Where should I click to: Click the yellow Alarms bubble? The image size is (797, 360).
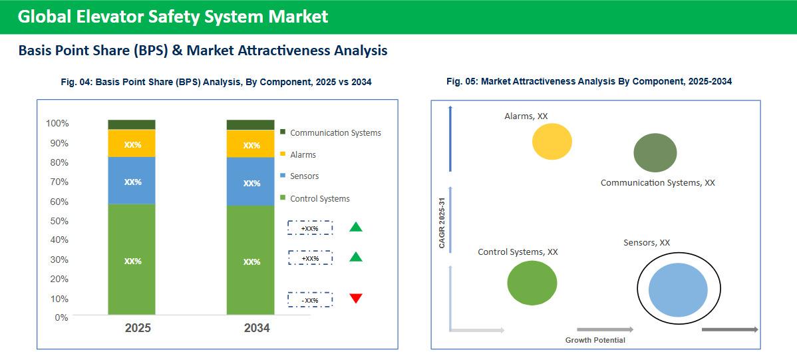point(552,141)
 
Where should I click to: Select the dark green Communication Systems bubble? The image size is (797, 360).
point(655,152)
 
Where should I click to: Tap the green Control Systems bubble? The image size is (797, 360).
point(532,283)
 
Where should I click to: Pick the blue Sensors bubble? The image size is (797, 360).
point(678,289)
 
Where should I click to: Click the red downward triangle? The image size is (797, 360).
point(356,298)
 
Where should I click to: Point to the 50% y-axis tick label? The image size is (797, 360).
point(57,220)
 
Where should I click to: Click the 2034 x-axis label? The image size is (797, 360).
point(257,328)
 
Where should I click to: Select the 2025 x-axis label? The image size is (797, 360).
point(138,328)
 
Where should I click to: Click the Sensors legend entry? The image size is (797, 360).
point(304,176)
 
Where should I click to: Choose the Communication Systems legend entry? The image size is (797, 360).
point(335,133)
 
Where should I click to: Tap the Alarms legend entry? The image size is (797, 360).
point(303,155)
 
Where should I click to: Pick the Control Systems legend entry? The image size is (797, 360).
point(319,198)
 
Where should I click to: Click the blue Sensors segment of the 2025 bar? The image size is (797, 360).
point(132,181)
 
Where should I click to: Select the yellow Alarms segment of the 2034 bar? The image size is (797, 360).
point(250,144)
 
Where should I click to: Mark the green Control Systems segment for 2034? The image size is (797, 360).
point(250,261)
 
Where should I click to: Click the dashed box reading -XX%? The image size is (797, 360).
point(310,300)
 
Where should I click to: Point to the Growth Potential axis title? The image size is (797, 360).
point(595,340)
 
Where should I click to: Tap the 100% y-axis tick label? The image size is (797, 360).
point(57,124)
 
